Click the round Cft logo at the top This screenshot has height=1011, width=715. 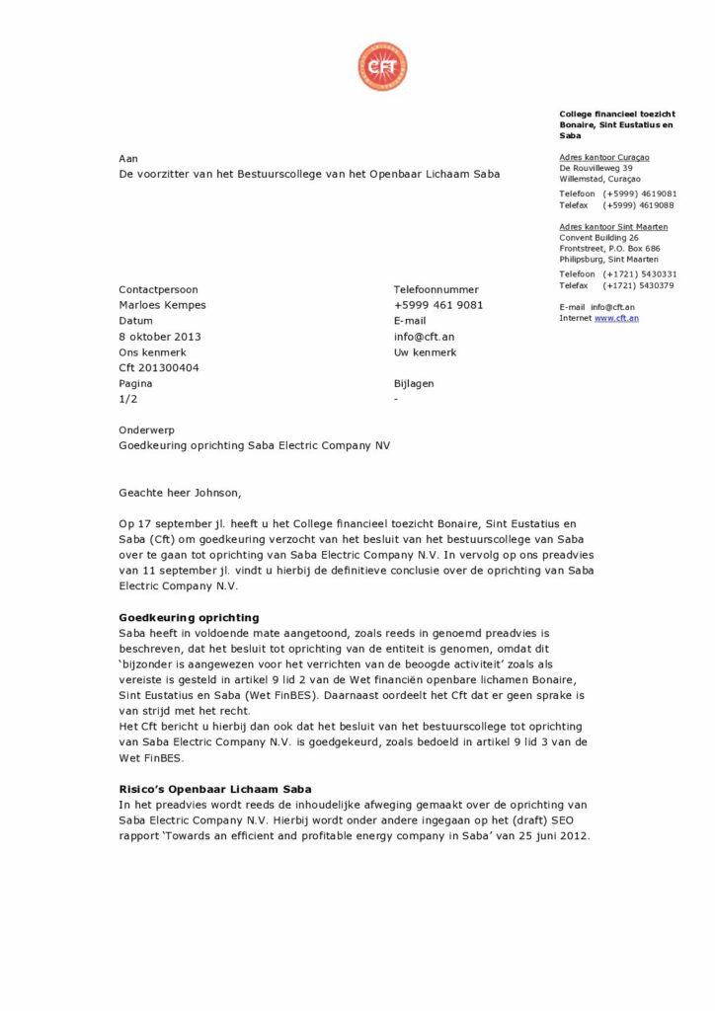pos(382,66)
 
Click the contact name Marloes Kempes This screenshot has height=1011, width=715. pos(162,305)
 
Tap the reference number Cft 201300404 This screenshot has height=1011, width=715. pos(159,367)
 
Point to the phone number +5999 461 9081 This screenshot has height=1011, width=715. pos(437,305)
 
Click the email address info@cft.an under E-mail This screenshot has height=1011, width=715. pos(424,337)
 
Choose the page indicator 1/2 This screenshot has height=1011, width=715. pos(128,399)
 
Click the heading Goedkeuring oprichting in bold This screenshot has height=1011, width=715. pos(188,617)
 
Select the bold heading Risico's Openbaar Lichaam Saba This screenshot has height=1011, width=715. pos(214,789)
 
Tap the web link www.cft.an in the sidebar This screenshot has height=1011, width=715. pos(616,318)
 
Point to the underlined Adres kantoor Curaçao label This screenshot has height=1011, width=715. pos(603,157)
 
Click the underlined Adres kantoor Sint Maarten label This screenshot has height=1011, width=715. pos(609,226)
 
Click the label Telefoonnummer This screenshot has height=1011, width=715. pos(436,289)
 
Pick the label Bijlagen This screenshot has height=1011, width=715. pos(413,383)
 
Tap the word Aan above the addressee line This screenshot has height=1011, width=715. pos(128,158)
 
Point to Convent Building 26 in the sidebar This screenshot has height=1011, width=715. pos(598,237)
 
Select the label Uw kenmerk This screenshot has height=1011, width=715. pos(424,351)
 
